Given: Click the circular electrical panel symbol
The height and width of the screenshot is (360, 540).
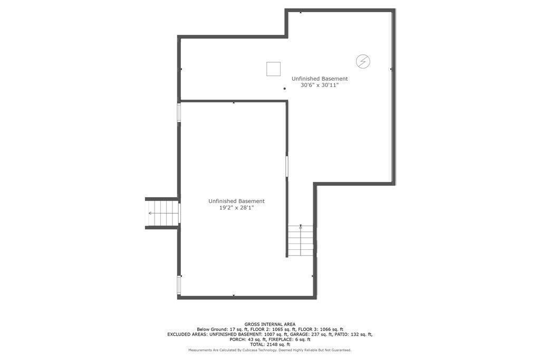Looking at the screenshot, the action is click(x=363, y=62).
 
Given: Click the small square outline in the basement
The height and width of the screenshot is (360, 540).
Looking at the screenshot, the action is click(x=274, y=69).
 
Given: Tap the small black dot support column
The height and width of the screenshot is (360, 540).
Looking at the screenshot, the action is click(x=284, y=89).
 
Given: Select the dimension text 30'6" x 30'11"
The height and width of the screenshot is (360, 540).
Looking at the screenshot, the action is click(x=320, y=85).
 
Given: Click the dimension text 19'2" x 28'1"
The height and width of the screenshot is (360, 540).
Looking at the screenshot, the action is click(x=237, y=208).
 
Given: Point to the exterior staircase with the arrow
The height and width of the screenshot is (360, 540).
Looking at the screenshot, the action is click(x=162, y=213).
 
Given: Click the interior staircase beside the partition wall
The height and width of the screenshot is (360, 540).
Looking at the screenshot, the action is click(x=301, y=240).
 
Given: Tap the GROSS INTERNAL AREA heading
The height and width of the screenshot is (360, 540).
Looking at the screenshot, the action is click(x=269, y=324).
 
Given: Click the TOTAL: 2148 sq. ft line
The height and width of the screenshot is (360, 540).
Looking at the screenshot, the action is click(x=270, y=344).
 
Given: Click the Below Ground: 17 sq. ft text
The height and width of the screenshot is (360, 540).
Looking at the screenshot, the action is click(x=217, y=329).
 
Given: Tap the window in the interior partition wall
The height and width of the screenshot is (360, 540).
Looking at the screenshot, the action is click(x=286, y=167).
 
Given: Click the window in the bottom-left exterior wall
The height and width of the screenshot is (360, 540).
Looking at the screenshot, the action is click(x=179, y=285).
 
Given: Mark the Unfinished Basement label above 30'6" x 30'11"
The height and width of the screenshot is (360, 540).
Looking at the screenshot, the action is click(x=320, y=79).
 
